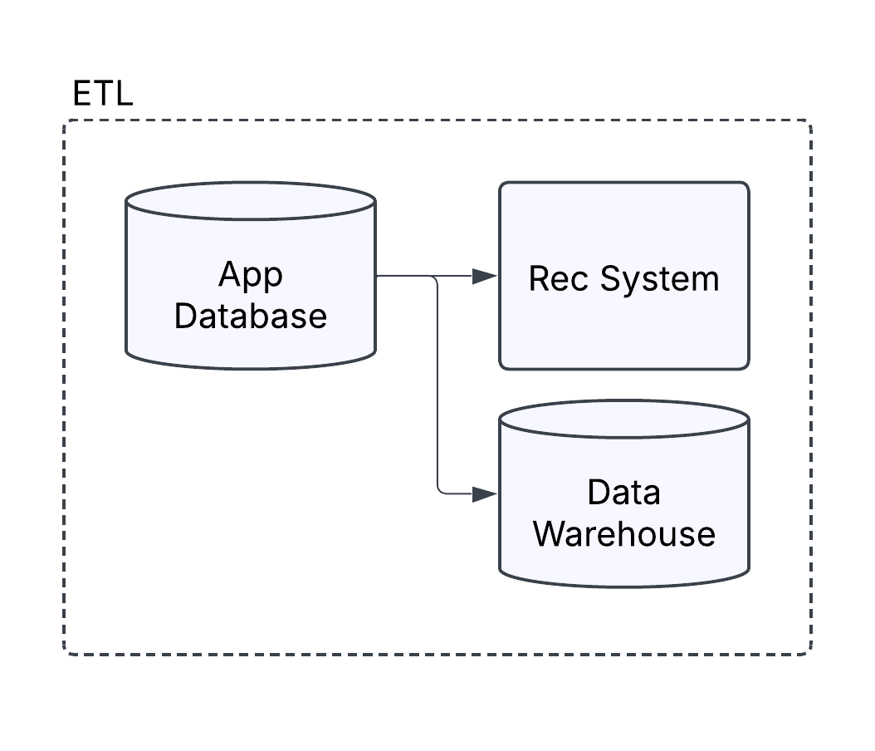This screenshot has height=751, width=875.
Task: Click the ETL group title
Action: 102,94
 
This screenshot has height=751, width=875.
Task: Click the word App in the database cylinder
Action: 250,274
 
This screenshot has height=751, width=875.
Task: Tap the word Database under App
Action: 250,317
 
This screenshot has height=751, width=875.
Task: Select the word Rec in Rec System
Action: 558,278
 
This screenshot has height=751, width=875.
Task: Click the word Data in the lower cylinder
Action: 623,492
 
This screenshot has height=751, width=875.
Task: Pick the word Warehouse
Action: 623,533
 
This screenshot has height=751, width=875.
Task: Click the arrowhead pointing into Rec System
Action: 485,277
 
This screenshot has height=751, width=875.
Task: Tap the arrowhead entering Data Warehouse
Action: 485,494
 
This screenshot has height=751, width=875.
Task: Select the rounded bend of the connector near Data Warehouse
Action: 440,491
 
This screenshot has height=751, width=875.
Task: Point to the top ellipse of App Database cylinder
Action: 250,201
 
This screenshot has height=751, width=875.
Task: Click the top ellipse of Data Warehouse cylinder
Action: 623,420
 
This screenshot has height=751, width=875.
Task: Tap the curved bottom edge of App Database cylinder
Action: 250,368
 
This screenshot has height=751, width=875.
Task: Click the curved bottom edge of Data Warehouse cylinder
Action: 623,587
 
